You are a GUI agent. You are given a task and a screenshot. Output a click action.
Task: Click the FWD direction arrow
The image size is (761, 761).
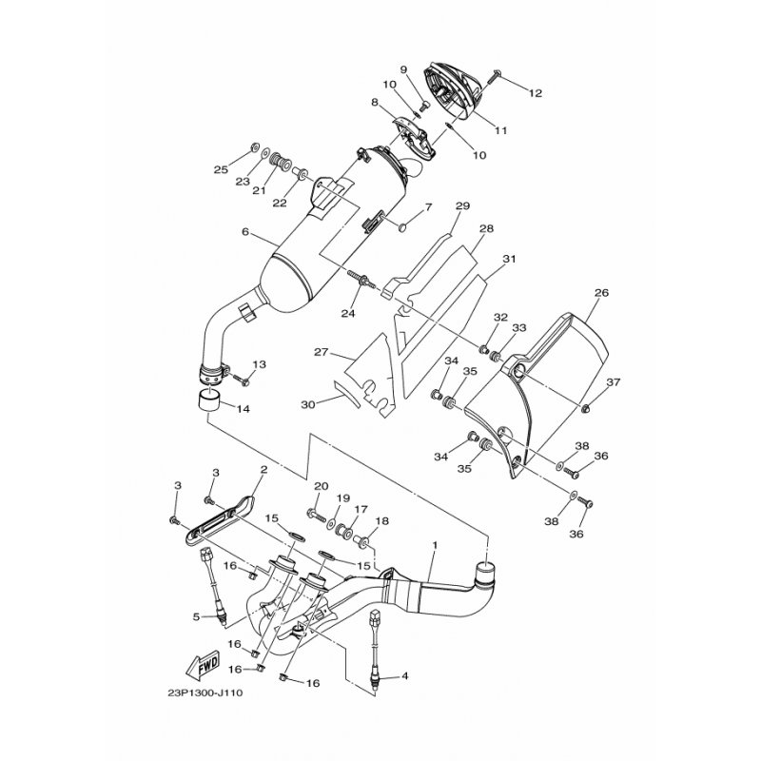click(x=203, y=666)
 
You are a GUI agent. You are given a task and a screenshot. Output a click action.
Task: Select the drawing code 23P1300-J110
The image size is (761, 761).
click(x=205, y=693)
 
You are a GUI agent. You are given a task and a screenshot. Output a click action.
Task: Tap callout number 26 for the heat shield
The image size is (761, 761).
click(x=601, y=293)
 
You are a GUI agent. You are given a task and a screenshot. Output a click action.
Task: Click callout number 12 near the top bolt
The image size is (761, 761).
click(x=536, y=92)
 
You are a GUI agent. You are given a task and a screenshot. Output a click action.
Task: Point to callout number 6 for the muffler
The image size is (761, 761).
click(x=245, y=232)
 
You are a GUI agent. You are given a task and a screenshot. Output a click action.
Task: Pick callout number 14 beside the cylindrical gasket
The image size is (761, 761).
click(x=244, y=409)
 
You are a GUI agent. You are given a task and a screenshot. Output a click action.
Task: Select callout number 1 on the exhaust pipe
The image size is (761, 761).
click(x=435, y=545)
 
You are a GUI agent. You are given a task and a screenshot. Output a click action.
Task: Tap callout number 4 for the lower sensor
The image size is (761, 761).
click(x=404, y=675)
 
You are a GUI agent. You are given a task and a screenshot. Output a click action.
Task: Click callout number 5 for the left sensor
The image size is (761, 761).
click(x=196, y=616)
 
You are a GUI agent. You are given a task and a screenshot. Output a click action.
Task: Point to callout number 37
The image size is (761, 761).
click(x=614, y=382)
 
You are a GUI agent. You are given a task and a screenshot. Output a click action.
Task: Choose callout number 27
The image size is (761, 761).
click(x=322, y=352)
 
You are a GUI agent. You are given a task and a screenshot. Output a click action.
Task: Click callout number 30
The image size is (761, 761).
click(x=308, y=404)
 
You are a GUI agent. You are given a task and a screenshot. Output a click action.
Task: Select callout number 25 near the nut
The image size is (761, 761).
click(x=221, y=170)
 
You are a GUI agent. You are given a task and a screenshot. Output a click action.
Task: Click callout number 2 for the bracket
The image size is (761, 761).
click(x=264, y=469)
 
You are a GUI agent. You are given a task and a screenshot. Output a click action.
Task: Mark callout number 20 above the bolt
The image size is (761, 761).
click(x=322, y=486)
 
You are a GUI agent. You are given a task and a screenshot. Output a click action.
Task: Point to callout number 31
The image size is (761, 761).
click(x=509, y=259)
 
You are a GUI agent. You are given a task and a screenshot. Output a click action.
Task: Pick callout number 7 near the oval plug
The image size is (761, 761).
click(x=428, y=207)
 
